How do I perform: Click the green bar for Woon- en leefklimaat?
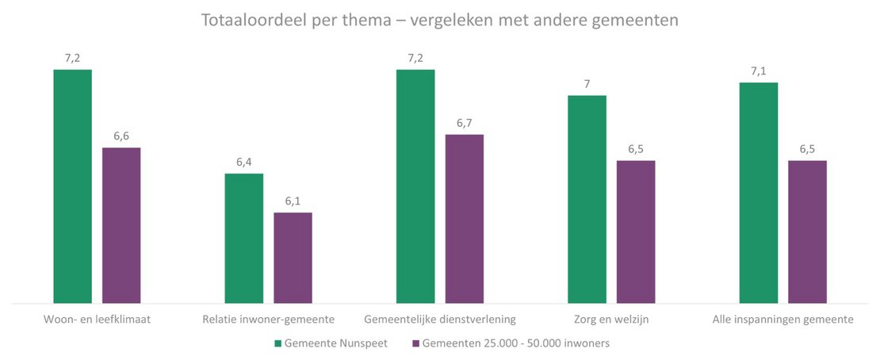73,186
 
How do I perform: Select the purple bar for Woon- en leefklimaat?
121,225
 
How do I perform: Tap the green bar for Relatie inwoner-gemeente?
244,238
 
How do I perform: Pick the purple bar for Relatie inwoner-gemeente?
293,258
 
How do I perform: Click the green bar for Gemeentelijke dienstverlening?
415,186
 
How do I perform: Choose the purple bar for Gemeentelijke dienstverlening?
464,219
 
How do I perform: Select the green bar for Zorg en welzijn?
587,199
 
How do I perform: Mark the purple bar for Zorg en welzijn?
636,232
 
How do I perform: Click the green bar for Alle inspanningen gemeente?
758,193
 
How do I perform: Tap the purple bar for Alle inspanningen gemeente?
807,232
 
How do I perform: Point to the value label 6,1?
293,201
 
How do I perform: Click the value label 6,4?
244,162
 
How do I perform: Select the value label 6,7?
464,123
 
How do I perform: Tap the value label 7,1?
758,71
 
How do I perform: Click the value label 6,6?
121,136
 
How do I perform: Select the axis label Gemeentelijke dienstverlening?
440,320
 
